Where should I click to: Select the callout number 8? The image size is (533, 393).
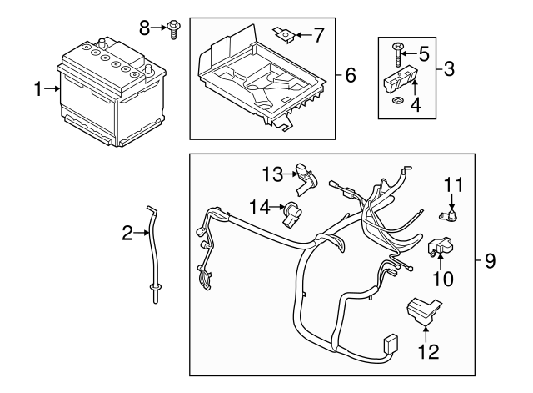pos(143,28)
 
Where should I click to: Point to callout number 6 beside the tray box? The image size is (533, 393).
pos(351,76)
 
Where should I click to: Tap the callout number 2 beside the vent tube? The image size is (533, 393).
pos(127,234)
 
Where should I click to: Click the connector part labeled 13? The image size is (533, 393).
pos(307,175)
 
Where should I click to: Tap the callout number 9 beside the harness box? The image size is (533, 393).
pos(490,262)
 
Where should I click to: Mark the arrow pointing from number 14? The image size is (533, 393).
pos(277,206)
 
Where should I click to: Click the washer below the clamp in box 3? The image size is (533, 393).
pos(396,103)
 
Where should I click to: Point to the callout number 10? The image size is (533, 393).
pos(442,280)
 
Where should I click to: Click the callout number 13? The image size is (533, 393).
pos(272,173)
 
